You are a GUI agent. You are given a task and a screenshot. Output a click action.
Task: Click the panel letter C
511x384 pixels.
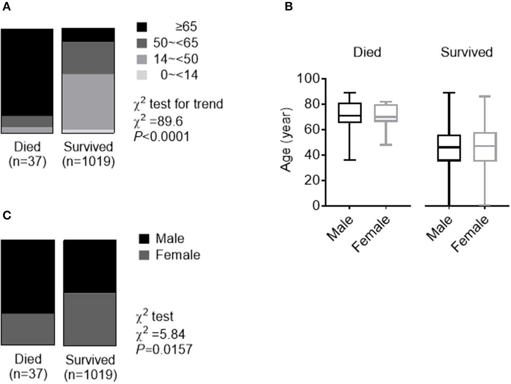[7, 215]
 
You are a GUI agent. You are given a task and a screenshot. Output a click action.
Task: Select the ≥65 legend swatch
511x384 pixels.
[142, 27]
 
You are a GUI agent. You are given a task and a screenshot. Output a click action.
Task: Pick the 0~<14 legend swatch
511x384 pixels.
[142, 75]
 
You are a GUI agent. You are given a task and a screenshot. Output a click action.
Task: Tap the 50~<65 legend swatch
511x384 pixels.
[142, 43]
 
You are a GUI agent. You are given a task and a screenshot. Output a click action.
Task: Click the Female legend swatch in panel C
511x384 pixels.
[144, 255]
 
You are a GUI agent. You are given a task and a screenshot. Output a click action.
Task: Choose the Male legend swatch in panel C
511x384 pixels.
[144, 239]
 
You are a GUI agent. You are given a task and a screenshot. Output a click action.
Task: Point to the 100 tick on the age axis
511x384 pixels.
[309, 79]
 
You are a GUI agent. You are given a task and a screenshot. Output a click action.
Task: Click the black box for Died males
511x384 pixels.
[349, 113]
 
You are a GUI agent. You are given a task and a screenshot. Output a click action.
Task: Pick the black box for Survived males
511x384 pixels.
[449, 148]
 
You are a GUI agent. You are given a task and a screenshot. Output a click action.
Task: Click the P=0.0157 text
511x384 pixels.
[164, 349]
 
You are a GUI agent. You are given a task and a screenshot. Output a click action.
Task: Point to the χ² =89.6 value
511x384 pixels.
[158, 121]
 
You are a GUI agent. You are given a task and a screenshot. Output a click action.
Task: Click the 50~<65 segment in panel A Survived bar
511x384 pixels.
[88, 58]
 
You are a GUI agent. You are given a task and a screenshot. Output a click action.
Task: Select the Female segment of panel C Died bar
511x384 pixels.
[28, 329]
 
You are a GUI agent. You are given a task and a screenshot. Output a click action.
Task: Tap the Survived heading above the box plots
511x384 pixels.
[466, 52]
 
